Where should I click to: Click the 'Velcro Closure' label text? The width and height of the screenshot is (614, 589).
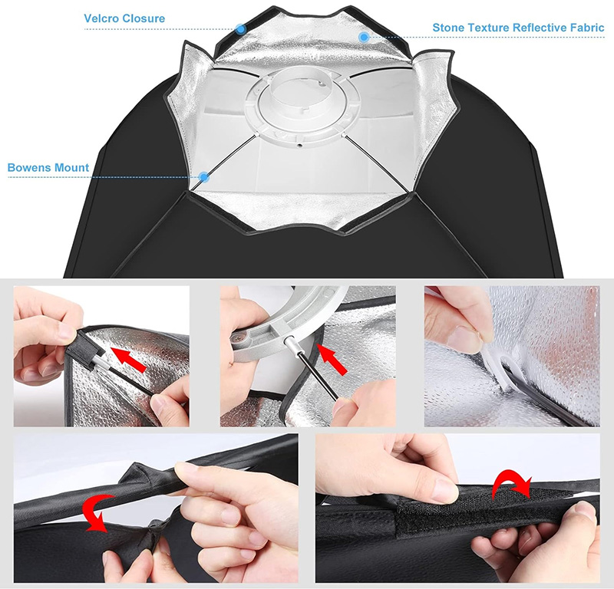124,18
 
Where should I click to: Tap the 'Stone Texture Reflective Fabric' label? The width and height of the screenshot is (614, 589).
518,28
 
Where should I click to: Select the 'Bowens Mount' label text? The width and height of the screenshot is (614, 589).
48,167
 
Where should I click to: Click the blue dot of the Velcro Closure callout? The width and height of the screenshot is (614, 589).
241,29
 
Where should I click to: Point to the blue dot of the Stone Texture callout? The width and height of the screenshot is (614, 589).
364,37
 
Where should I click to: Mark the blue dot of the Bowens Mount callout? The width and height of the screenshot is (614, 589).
203,177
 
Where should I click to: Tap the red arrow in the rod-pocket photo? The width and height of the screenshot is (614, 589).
128,359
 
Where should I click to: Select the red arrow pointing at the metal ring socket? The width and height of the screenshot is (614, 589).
332,359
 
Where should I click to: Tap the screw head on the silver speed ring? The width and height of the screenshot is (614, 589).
239,337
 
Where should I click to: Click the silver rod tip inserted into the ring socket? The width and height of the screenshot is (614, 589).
292,344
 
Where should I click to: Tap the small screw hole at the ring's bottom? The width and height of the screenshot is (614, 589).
299,145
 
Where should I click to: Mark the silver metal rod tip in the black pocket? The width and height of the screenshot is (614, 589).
102,363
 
